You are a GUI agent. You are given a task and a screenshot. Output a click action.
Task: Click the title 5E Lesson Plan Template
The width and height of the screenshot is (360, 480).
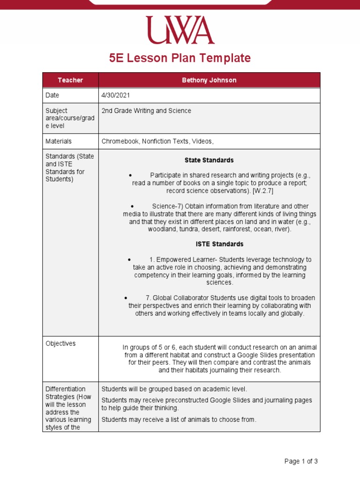[180, 58]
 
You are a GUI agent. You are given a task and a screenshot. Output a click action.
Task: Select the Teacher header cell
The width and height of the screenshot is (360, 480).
[70, 80]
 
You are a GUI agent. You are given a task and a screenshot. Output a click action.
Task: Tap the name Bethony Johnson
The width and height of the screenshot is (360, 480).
[209, 80]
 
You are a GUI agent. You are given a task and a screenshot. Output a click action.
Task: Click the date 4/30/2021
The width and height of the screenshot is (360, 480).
[116, 95]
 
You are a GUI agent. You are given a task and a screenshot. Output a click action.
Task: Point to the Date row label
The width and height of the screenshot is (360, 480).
[52, 95]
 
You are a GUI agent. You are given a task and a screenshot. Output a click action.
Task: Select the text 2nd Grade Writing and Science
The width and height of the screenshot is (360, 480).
[146, 111]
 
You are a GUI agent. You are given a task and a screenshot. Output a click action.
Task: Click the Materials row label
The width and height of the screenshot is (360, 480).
[59, 141]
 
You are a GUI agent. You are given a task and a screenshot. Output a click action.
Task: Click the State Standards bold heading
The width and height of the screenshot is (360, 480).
[209, 160]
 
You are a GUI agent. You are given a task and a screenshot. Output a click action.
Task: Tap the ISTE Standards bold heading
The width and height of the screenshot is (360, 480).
[219, 244]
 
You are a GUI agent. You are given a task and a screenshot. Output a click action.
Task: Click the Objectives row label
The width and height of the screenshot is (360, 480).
[60, 344]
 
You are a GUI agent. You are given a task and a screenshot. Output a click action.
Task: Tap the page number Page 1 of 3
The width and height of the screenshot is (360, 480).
[301, 461]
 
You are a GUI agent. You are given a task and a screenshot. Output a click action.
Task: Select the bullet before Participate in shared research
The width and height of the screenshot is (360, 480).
[130, 175]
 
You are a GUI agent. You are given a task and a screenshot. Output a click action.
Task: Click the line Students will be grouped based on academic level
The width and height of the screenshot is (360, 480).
[174, 389]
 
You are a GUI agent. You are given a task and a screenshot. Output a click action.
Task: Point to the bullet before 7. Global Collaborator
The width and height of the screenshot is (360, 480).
[126, 298]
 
